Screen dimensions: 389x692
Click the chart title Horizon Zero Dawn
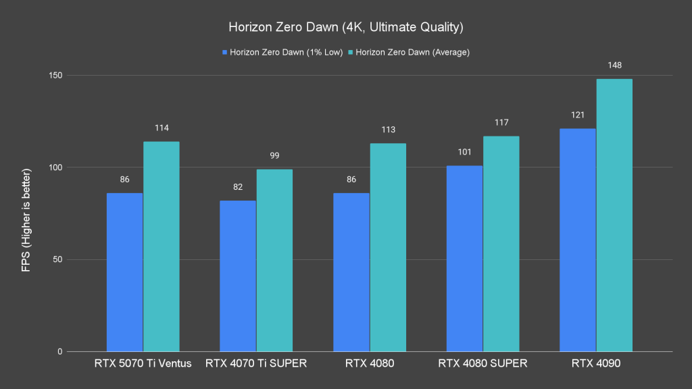click(x=345, y=28)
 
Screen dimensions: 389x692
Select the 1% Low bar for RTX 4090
click(x=578, y=240)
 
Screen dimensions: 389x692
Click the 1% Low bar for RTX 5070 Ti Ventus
click(x=124, y=272)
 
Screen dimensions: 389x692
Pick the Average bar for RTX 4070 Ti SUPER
click(x=274, y=260)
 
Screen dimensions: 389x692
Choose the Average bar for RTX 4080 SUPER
click(x=501, y=244)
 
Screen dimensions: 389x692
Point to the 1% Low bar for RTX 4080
click(x=351, y=272)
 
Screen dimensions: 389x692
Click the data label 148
click(x=614, y=66)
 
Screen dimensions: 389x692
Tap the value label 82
click(x=238, y=187)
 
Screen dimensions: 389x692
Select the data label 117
click(x=501, y=123)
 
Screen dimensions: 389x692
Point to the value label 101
click(x=464, y=152)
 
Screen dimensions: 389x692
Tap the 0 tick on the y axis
click(x=60, y=352)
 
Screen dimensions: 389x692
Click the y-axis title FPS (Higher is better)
click(x=26, y=213)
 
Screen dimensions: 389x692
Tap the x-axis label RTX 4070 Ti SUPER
click(x=255, y=364)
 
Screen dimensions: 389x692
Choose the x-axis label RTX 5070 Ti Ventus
click(x=143, y=364)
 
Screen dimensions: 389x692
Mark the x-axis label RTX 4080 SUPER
click(x=483, y=364)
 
